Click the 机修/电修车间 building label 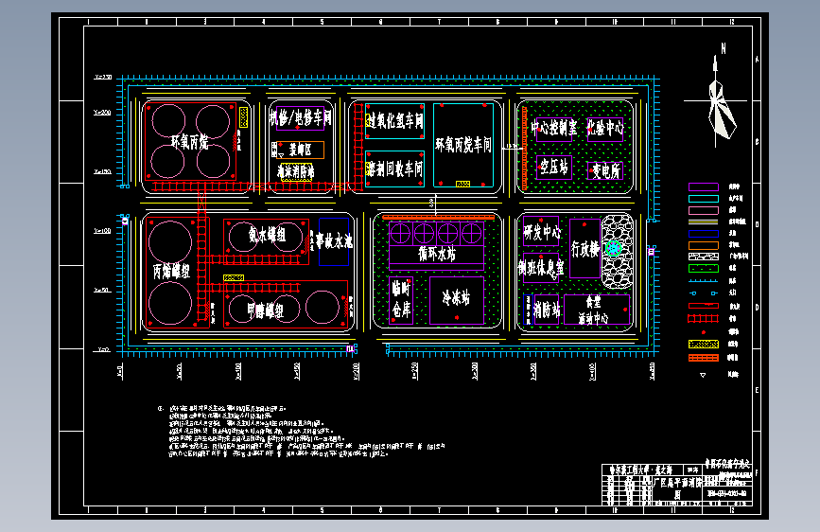click(x=300, y=119)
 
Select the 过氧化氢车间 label click(x=393, y=120)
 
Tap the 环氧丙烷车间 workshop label click(x=463, y=145)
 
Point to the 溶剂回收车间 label click(x=393, y=168)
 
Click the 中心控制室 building click(x=552, y=127)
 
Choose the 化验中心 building click(x=605, y=127)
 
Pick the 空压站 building click(x=553, y=168)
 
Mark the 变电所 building click(x=605, y=171)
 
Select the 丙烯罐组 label click(x=171, y=270)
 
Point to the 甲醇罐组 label click(x=265, y=310)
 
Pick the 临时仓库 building click(x=401, y=299)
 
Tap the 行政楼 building click(x=585, y=249)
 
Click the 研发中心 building click(x=542, y=231)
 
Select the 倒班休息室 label click(x=541, y=268)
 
